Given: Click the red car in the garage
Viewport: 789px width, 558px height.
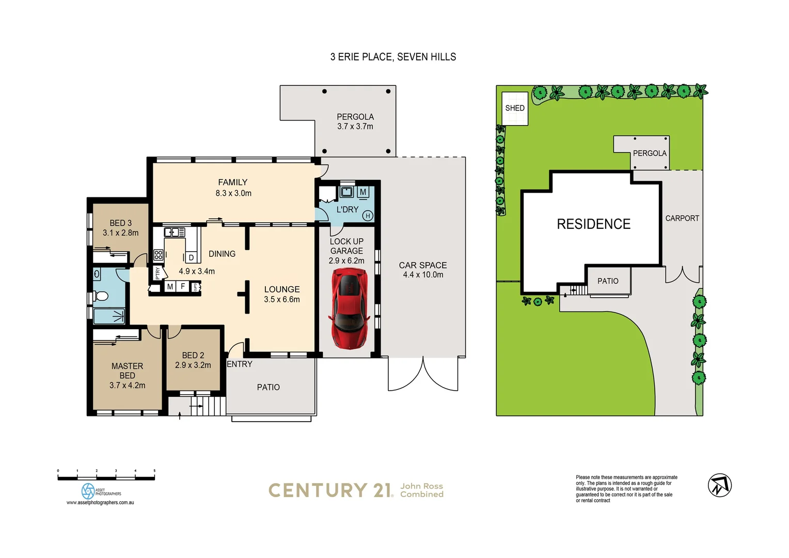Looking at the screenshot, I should coord(350,309).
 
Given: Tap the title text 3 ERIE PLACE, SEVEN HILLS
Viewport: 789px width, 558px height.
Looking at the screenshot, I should coord(393,57).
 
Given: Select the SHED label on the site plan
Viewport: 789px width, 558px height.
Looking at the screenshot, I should coord(514,108).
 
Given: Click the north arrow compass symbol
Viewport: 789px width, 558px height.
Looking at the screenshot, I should coord(719,485).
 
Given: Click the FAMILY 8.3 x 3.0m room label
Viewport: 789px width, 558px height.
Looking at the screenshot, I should coord(233,188).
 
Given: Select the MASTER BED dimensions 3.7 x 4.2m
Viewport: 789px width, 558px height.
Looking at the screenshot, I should coord(127,385).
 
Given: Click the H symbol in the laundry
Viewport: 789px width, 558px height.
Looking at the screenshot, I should coord(368,215).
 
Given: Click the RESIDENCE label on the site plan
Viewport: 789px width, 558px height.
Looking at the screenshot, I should coord(593,224).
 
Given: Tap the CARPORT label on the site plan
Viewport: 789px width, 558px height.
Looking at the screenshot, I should coord(682,219).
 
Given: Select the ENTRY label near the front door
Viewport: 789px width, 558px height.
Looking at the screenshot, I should coord(240,364).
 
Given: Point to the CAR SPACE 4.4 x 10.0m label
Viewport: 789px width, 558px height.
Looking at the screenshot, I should coord(423,270).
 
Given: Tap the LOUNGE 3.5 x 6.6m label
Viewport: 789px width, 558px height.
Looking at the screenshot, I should coord(282,294).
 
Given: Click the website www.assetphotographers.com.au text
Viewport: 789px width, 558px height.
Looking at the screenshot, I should coord(100,502).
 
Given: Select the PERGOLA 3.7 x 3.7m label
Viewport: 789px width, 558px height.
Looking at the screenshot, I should coord(355,121).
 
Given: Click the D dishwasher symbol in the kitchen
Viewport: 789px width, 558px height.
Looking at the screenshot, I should coord(191,257).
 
